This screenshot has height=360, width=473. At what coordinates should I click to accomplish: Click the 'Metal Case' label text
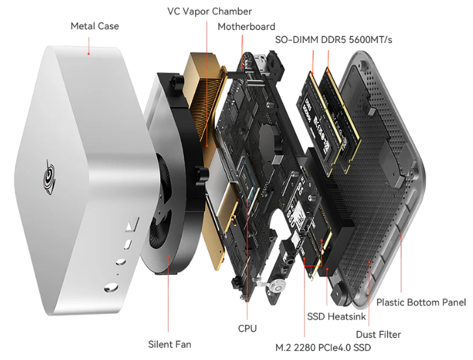[x=94, y=26]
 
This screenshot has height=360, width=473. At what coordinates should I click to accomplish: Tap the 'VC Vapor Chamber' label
[x=209, y=11]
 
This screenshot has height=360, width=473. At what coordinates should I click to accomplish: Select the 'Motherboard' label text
[x=246, y=27]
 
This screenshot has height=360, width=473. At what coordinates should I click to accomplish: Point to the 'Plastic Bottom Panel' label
[x=421, y=302]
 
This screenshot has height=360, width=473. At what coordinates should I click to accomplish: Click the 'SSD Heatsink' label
[x=336, y=316]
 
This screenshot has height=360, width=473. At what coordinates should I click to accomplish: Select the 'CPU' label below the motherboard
[x=247, y=329]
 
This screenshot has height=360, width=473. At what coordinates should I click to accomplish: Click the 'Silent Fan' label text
[x=170, y=344]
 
